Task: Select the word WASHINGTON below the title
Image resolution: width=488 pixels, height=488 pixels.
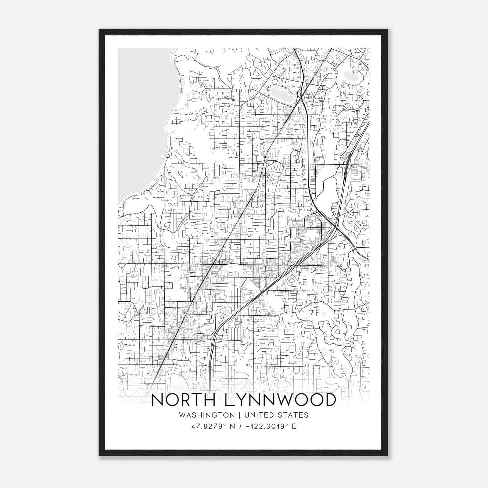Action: [207, 415]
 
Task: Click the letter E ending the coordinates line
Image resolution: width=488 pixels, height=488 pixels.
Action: [294, 426]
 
